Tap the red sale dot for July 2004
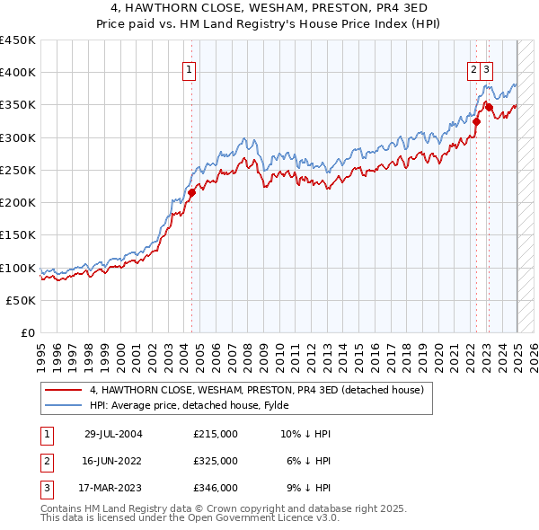192,190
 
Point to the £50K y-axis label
22,301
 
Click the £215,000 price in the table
216,434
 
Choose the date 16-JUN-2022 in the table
113,461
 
